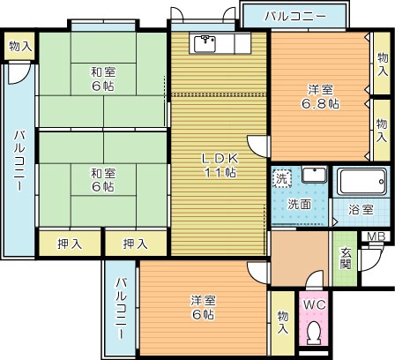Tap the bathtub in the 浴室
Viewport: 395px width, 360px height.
pos(362,183)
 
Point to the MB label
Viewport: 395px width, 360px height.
pos(375,236)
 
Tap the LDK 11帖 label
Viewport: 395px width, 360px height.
pos(219,165)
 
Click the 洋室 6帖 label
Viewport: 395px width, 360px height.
pos(203,306)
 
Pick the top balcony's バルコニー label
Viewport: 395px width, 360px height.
pos(295,17)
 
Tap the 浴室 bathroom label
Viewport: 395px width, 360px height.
pos(360,211)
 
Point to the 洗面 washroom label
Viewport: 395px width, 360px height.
pos(298,205)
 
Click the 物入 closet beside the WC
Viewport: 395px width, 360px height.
pos(282,321)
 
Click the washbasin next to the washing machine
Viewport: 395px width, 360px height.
pos(313,174)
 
